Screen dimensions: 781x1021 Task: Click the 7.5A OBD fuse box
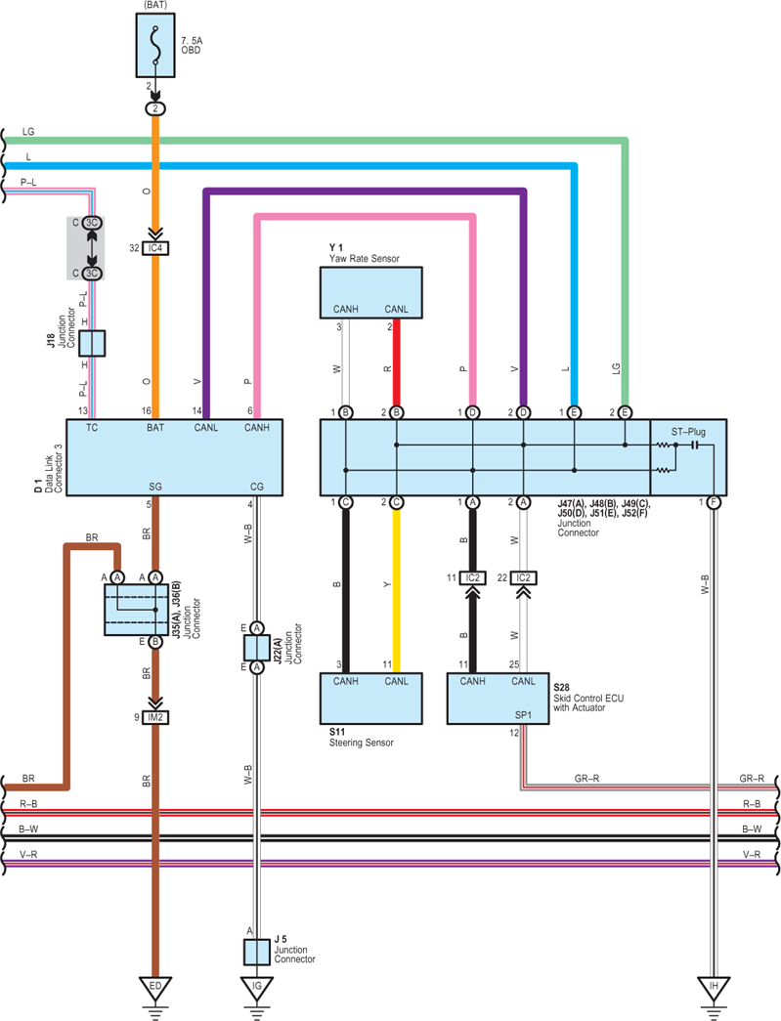pyautogui.click(x=155, y=45)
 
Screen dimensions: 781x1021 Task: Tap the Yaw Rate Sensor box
pyautogui.click(x=370, y=292)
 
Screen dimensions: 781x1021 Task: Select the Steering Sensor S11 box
pyautogui.click(x=370, y=698)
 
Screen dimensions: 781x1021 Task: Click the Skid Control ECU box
pyautogui.click(x=498, y=698)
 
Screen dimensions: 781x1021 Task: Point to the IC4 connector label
pyautogui.click(x=155, y=248)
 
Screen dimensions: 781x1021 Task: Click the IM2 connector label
pyautogui.click(x=155, y=717)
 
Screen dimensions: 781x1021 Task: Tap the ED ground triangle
pyautogui.click(x=155, y=989)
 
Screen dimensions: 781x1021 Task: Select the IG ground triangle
pyautogui.click(x=257, y=989)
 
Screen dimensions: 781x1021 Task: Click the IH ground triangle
pyautogui.click(x=714, y=989)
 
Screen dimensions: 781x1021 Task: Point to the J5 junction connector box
pyautogui.click(x=257, y=952)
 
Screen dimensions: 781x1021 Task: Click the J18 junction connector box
pyautogui.click(x=92, y=343)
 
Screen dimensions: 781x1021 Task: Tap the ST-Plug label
pyautogui.click(x=688, y=432)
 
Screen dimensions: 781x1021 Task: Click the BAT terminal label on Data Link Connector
pyautogui.click(x=155, y=428)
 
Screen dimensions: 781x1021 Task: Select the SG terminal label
pyautogui.click(x=155, y=487)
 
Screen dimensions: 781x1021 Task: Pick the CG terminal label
pyautogui.click(x=257, y=487)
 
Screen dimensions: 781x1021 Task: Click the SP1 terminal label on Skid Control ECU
pyautogui.click(x=523, y=714)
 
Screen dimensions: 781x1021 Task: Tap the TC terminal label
pyautogui.click(x=92, y=428)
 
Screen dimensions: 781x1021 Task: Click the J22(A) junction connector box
pyautogui.click(x=257, y=648)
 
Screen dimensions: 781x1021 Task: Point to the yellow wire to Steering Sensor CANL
pyautogui.click(x=396, y=590)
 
